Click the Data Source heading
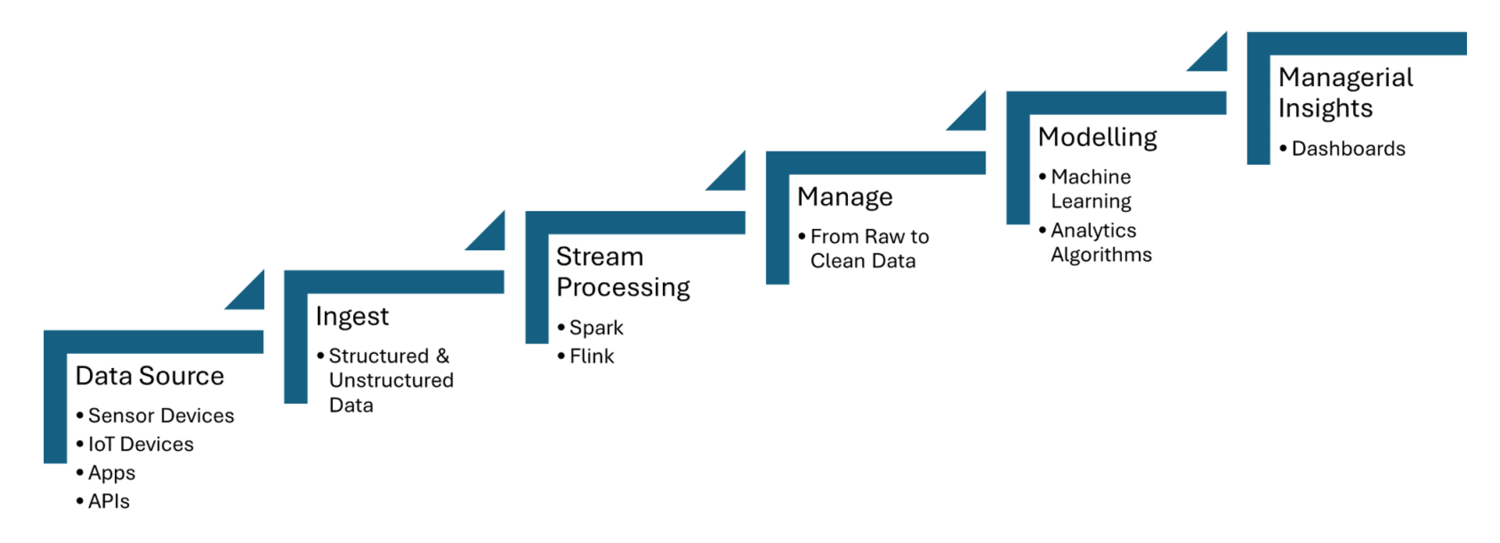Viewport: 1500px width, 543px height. coord(150,376)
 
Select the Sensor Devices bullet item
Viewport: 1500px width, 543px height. coord(161,415)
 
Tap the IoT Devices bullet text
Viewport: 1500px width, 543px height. coord(140,444)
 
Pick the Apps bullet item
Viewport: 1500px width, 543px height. coord(111,473)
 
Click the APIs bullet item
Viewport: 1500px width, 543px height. coord(108,501)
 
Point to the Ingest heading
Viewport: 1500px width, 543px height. coord(352,316)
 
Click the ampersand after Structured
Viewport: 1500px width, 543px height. coord(443,356)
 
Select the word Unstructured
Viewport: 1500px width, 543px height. coord(391,380)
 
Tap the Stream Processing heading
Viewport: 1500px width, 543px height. coord(622,271)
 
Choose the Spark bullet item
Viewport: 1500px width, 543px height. coord(596,327)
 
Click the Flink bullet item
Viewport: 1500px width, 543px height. coord(591,356)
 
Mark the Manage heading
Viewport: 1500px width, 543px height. coord(844,197)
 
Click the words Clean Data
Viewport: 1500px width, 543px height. coord(863,260)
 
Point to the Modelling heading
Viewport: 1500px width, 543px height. coord(1097,137)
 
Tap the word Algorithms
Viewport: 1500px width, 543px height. coord(1100,255)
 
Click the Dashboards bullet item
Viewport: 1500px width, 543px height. coord(1348,149)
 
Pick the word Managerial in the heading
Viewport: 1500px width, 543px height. coord(1345,78)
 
